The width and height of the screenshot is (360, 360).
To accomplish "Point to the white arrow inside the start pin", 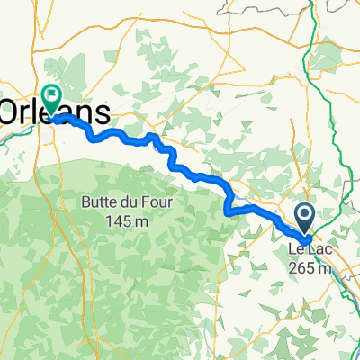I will tap(304, 214).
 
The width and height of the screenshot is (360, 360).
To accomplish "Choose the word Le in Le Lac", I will tap(295, 248).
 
